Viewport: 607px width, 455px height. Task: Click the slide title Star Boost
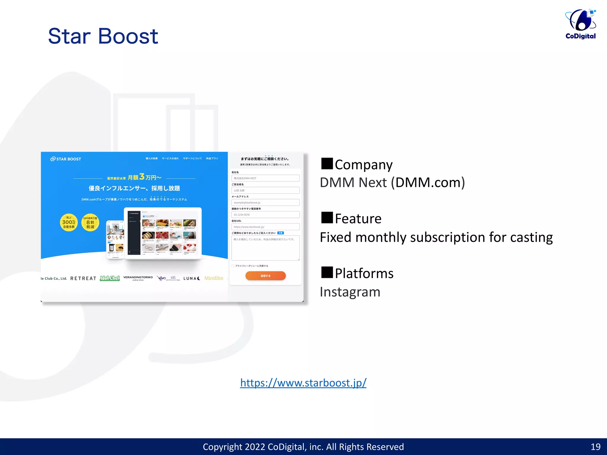pyautogui.click(x=103, y=36)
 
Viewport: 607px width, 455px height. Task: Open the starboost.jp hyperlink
pyautogui.click(x=303, y=383)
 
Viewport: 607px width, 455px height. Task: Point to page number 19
pyautogui.click(x=595, y=447)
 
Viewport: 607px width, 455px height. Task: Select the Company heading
pyautogui.click(x=363, y=165)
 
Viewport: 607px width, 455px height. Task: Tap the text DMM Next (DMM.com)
pyautogui.click(x=392, y=182)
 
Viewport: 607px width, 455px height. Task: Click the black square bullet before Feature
pyautogui.click(x=327, y=218)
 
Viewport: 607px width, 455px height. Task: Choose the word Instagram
pyautogui.click(x=350, y=292)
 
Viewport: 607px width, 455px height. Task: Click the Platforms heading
pyautogui.click(x=364, y=273)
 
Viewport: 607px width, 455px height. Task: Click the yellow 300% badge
pyautogui.click(x=69, y=222)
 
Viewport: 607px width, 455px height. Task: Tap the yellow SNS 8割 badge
pyautogui.click(x=90, y=222)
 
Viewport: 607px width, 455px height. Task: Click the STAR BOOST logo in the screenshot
pyautogui.click(x=66, y=159)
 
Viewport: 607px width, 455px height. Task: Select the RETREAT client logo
pyautogui.click(x=83, y=278)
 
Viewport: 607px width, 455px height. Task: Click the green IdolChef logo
pyautogui.click(x=110, y=278)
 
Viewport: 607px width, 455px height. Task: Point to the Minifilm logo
pyautogui.click(x=214, y=278)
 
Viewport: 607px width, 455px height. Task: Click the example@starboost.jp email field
pyautogui.click(x=265, y=203)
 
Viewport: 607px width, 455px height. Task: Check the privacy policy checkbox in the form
pyautogui.click(x=233, y=266)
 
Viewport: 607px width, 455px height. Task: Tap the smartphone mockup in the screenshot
pyautogui.click(x=115, y=239)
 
